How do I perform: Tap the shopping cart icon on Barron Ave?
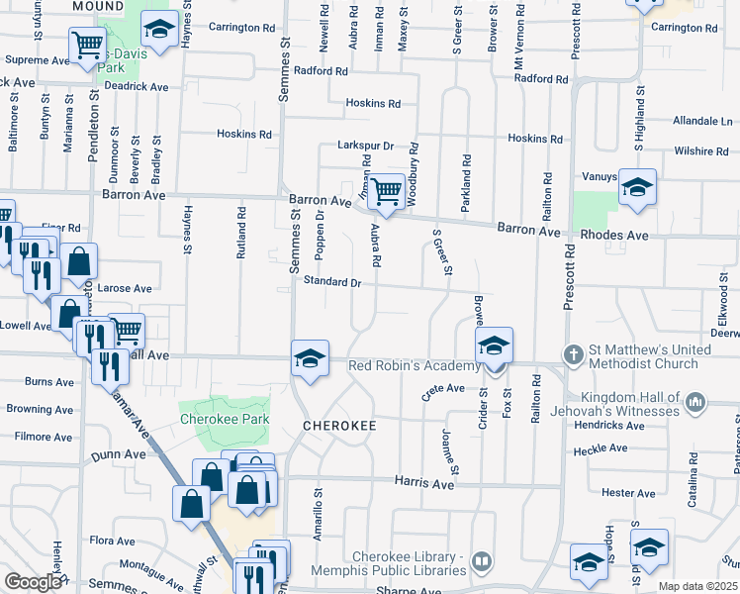point(387,190)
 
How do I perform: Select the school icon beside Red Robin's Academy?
point(494,346)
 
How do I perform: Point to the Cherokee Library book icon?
point(482,561)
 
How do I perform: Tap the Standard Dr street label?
point(332,282)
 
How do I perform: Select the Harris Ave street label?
point(423,484)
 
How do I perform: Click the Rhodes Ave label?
point(613,236)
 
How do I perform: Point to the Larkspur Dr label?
point(365,145)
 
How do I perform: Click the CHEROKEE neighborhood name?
point(339,425)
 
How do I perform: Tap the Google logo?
point(33,582)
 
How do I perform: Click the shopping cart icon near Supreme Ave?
point(87,44)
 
